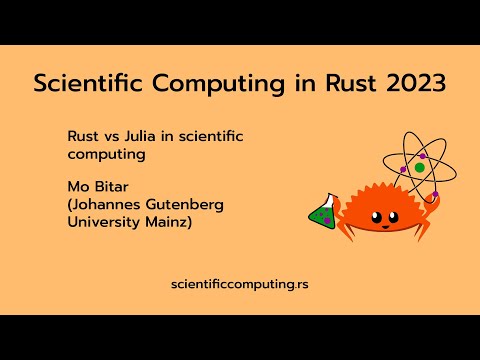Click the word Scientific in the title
coord(87,84)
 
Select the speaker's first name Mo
coord(77,185)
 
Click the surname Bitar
coord(110,185)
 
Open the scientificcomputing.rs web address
coord(240,285)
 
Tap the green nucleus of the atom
coord(420,168)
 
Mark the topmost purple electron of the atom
coord(422,156)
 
